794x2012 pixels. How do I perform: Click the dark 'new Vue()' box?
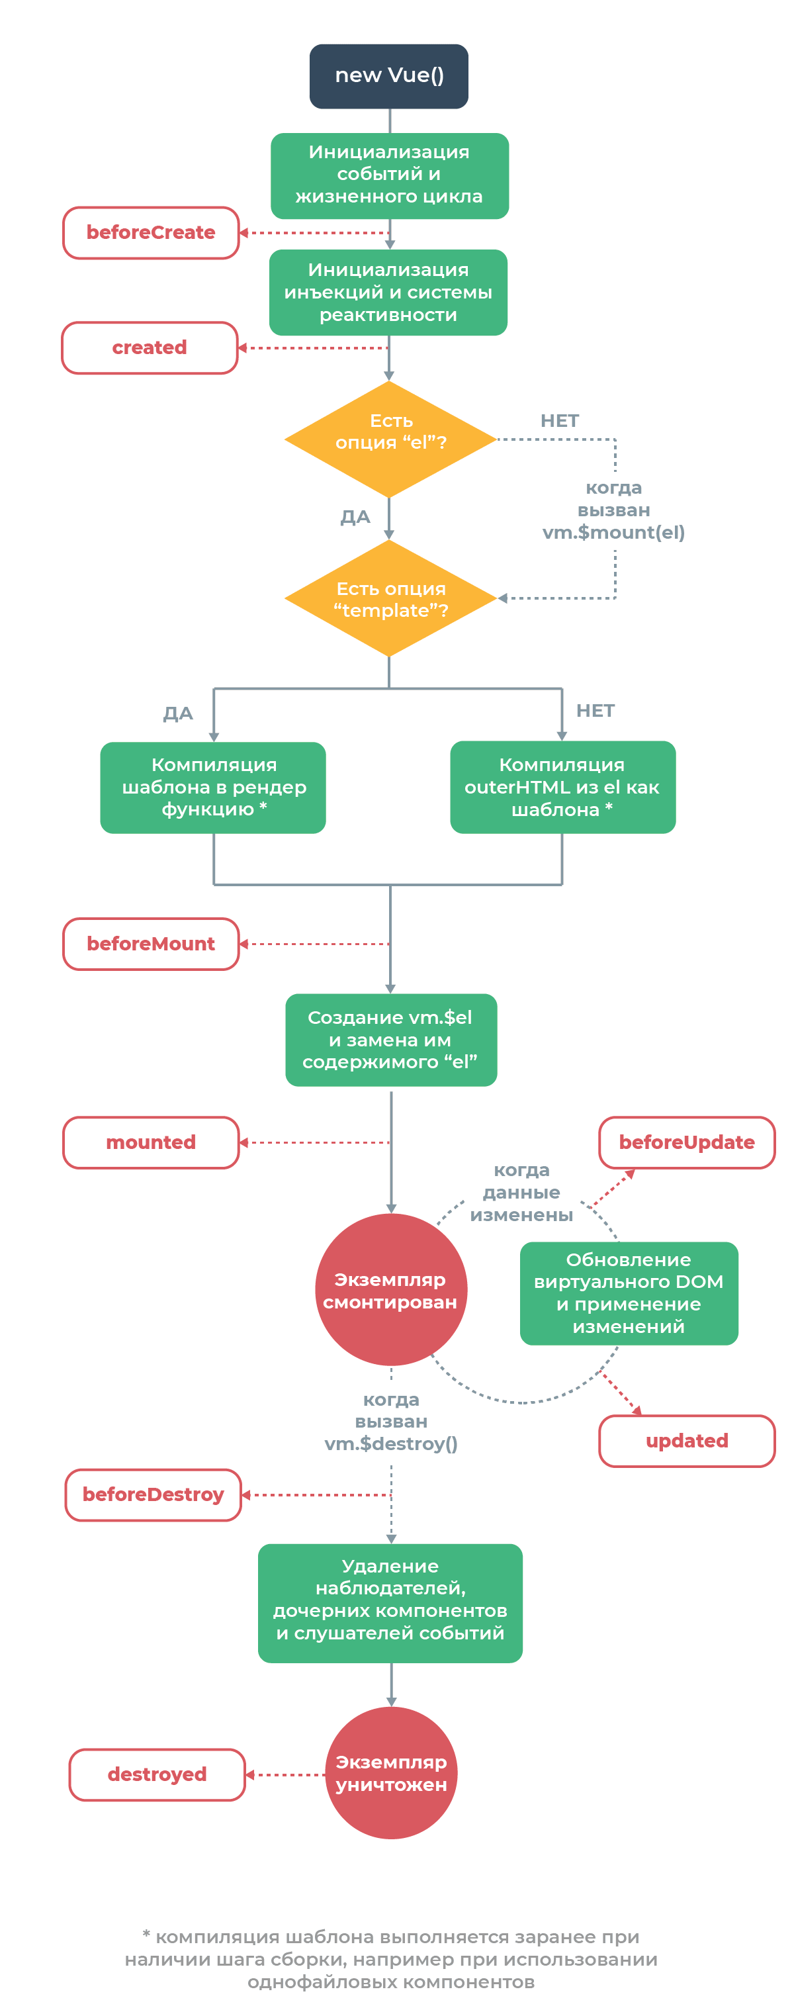389,75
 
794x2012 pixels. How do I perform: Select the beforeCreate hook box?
151,233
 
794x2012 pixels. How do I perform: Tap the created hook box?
149,347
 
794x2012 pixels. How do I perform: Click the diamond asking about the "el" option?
390,439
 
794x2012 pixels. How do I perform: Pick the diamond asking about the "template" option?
390,598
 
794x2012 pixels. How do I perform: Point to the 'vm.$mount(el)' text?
613,533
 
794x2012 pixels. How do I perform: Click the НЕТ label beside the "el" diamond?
560,421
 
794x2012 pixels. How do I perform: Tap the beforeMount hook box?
151,944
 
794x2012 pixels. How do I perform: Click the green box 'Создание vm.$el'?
390,1040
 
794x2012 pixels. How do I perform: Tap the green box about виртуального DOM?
629,1293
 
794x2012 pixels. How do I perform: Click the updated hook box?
686,1440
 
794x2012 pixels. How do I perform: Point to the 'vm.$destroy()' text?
391,1443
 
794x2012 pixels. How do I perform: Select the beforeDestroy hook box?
153,1494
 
